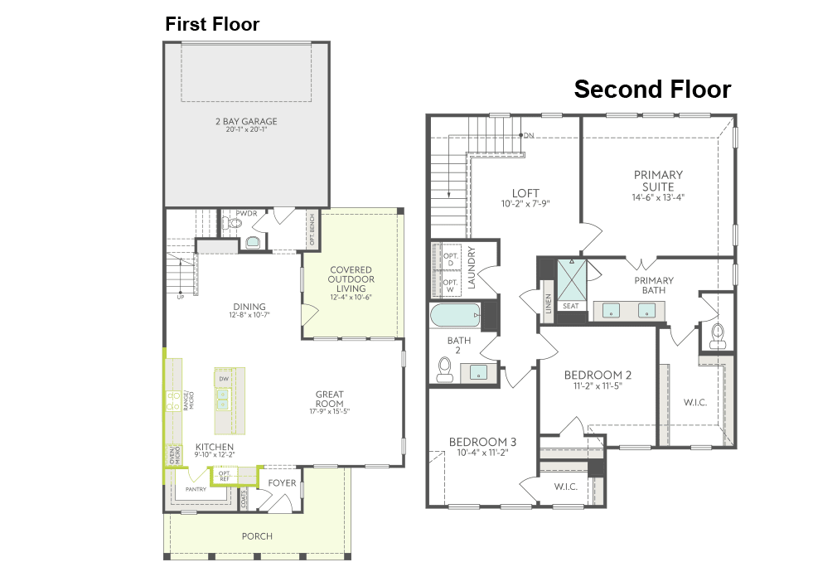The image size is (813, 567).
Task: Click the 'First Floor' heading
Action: tap(212, 24)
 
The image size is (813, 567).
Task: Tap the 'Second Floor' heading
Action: tap(653, 90)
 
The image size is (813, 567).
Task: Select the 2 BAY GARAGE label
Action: tap(246, 121)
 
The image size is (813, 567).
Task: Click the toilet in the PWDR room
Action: tap(252, 241)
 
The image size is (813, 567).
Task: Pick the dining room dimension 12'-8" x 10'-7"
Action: tap(249, 315)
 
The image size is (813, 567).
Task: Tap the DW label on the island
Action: tap(224, 379)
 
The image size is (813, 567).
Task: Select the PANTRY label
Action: tap(196, 489)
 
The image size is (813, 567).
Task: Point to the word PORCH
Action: tap(257, 535)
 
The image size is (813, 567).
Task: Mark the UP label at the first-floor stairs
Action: tap(181, 296)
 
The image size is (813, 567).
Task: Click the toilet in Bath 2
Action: tap(445, 368)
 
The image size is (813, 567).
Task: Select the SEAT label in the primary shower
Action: tap(571, 306)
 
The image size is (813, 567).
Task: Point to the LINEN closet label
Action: tap(548, 303)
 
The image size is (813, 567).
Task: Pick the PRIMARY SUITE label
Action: tap(658, 180)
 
